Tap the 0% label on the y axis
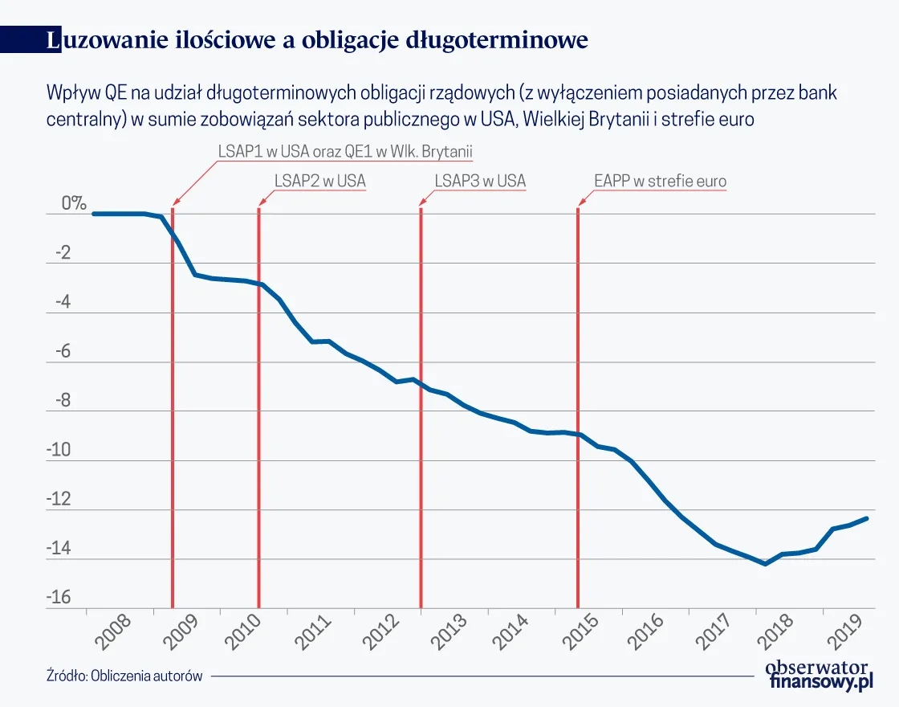click(73, 204)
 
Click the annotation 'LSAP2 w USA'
click(319, 181)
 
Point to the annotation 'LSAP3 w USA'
click(480, 181)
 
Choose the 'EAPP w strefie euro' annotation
click(660, 181)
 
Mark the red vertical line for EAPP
click(578, 402)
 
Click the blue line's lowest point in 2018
click(766, 564)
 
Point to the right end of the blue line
click(867, 518)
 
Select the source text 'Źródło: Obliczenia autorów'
click(124, 676)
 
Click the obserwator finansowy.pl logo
click(818, 674)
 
